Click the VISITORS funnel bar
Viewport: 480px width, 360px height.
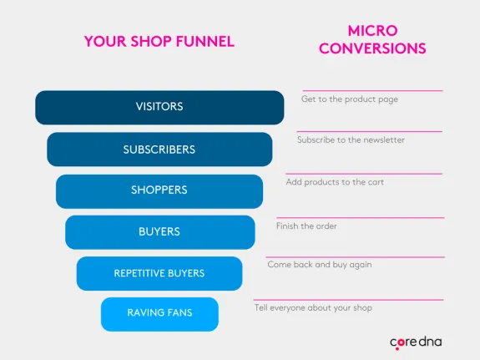coord(159,107)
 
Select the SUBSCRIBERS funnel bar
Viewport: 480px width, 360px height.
coord(159,150)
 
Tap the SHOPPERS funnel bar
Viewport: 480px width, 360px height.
coord(159,190)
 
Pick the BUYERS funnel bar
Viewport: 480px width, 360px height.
coord(159,231)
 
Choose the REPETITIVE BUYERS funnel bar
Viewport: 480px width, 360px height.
coord(159,273)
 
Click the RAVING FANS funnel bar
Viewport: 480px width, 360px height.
coord(159,313)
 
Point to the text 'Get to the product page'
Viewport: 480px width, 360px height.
coord(349,99)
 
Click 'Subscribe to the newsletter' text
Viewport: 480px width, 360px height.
coord(351,140)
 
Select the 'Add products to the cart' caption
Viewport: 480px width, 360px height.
coord(335,182)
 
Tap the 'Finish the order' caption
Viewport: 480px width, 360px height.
coord(306,226)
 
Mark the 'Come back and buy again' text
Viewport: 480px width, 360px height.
coord(319,265)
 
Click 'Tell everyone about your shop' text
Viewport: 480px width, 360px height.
coord(313,307)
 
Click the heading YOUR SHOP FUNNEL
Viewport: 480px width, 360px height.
coord(159,41)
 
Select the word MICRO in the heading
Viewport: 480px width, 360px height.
coord(372,30)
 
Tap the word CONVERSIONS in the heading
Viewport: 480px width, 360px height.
coord(372,48)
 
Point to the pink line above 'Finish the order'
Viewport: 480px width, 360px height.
coord(360,217)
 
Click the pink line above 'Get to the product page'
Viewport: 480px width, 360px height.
coord(372,90)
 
